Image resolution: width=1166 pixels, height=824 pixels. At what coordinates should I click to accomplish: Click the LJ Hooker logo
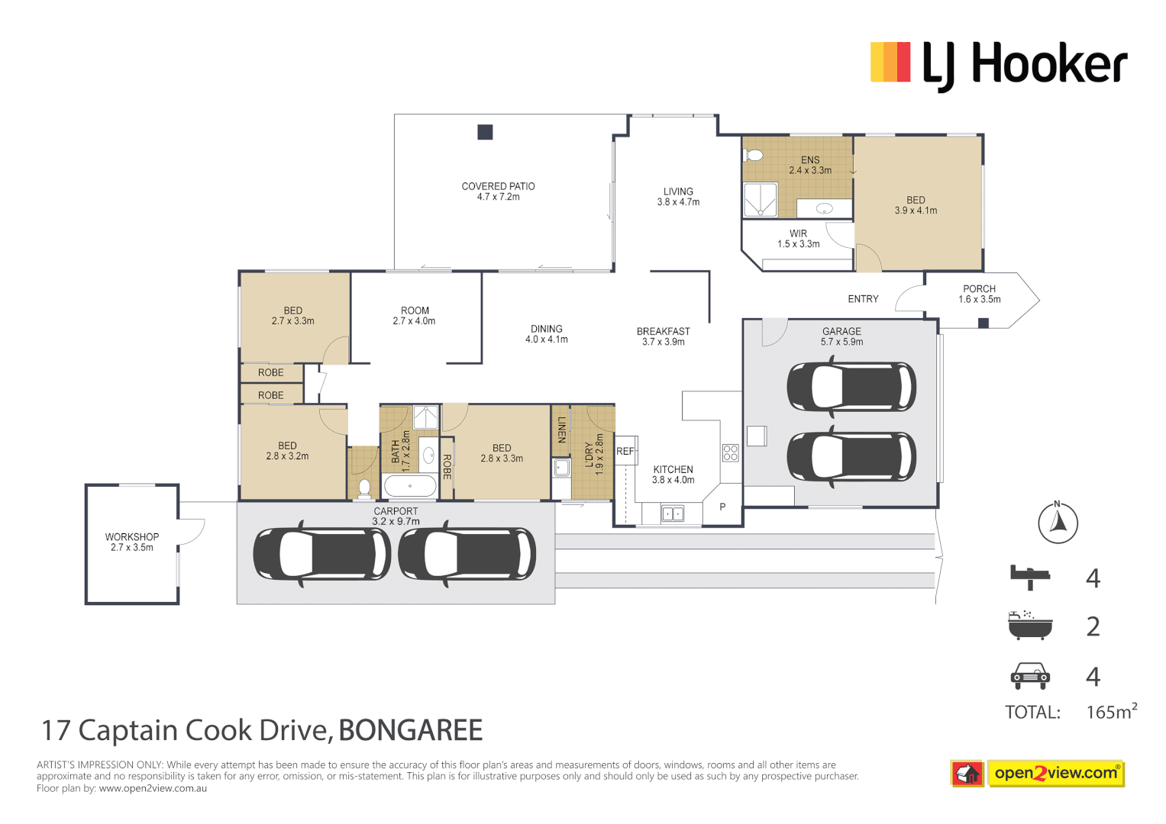tap(999, 64)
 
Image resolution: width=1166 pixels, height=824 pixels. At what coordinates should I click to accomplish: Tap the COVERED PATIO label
tap(498, 192)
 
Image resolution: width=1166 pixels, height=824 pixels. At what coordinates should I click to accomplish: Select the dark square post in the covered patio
tap(485, 132)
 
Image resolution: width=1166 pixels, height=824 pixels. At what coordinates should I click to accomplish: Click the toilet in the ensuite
tap(754, 156)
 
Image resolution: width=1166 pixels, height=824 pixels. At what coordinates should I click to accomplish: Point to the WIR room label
tap(798, 239)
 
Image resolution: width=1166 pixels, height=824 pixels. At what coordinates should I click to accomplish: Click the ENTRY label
tap(863, 299)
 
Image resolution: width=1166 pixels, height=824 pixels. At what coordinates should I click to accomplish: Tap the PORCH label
tap(979, 294)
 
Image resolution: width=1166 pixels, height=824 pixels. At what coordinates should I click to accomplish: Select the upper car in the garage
tap(851, 387)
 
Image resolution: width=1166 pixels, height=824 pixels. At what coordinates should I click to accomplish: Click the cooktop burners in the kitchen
tap(731, 453)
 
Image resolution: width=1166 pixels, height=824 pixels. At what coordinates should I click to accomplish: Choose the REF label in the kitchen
tap(625, 451)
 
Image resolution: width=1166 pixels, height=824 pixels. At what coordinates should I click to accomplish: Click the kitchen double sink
tap(672, 514)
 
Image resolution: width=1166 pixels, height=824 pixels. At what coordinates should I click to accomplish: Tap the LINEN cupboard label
tap(561, 430)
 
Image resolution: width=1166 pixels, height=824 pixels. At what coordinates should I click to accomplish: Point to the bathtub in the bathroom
tap(409, 486)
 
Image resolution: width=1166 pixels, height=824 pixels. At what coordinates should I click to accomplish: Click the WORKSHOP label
tap(132, 542)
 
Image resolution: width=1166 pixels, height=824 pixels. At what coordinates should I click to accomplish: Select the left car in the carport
tap(321, 554)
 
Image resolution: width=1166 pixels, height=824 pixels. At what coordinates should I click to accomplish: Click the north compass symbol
tap(1058, 523)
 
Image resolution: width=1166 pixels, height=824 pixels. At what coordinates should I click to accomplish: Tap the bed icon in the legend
tap(1029, 577)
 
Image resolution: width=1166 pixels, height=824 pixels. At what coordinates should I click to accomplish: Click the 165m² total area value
tap(1111, 712)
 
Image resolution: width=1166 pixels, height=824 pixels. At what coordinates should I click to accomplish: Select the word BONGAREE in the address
tap(410, 730)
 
